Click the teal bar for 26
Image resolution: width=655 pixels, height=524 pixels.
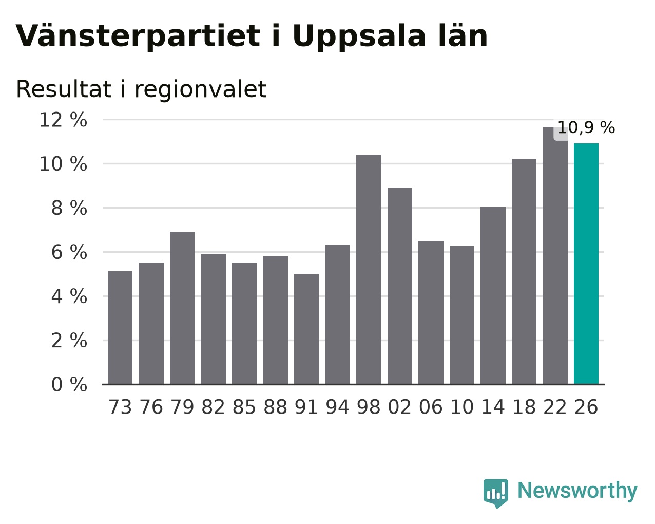pos(586,264)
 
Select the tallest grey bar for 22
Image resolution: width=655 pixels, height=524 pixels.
pos(555,256)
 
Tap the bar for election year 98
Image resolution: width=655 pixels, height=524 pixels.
pos(369,270)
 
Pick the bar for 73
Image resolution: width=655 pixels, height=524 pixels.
pos(120,328)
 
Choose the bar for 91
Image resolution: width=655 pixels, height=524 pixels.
pos(306,329)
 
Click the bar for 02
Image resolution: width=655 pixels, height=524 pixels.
pos(400,286)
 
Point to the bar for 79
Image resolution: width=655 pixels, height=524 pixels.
pos(182,308)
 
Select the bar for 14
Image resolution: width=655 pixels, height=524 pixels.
pos(493,295)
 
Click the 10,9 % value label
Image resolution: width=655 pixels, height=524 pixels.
pos(586,127)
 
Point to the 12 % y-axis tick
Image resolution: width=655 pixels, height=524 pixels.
pos(63,120)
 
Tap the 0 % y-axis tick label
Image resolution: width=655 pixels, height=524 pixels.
pos(69,384)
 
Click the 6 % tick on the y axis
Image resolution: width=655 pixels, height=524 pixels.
pos(69,252)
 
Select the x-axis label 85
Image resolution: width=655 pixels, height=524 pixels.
pos(244,407)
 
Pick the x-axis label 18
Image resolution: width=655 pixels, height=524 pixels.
pos(524,407)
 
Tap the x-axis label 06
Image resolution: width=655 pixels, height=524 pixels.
pos(431,407)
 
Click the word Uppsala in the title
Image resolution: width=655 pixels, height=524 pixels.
pos(359,37)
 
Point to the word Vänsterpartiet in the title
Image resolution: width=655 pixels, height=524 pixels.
pos(138,36)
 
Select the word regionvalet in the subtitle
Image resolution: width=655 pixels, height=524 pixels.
pos(201,90)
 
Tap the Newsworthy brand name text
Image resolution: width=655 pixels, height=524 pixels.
pos(577,491)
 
